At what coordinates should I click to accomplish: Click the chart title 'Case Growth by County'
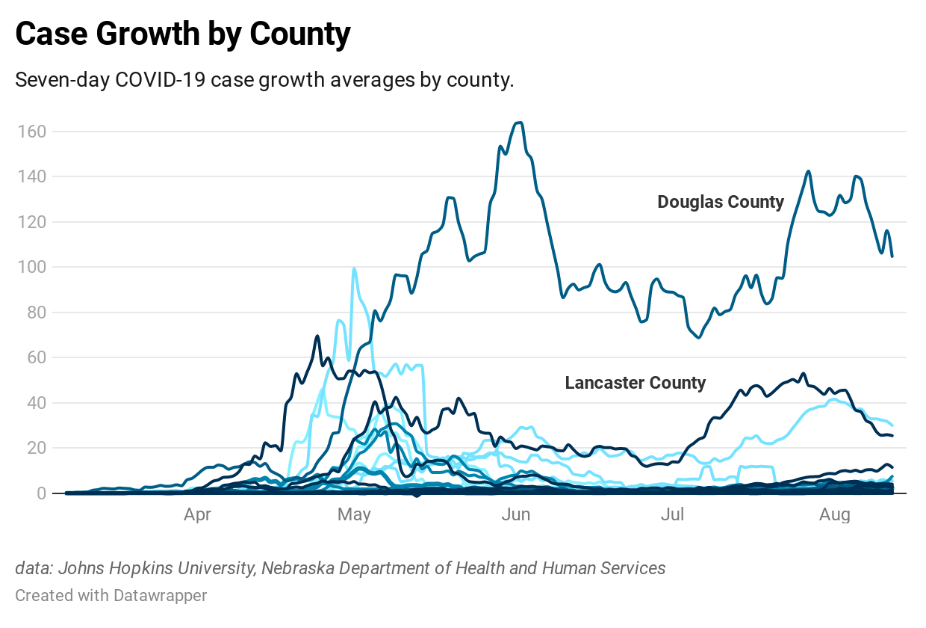[183, 34]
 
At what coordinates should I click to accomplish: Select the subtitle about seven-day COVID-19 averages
[264, 81]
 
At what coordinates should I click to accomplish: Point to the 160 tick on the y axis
[32, 132]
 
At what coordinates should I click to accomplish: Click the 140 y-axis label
[32, 177]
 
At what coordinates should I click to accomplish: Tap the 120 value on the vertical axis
[32, 222]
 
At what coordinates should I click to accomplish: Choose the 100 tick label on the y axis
[32, 268]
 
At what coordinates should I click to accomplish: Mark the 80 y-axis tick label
[36, 313]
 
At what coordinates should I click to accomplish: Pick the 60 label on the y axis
[36, 358]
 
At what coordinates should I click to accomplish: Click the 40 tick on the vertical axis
[36, 403]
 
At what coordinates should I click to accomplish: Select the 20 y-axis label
[36, 449]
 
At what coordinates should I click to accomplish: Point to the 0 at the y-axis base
[40, 493]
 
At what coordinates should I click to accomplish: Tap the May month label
[354, 514]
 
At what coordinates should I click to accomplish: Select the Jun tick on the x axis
[516, 514]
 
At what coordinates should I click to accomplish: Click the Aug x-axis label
[834, 514]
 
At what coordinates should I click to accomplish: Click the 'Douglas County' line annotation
[721, 202]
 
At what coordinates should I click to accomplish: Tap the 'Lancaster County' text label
[636, 383]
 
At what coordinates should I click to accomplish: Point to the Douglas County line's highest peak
[519, 123]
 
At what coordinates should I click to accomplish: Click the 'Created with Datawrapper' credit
[111, 596]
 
